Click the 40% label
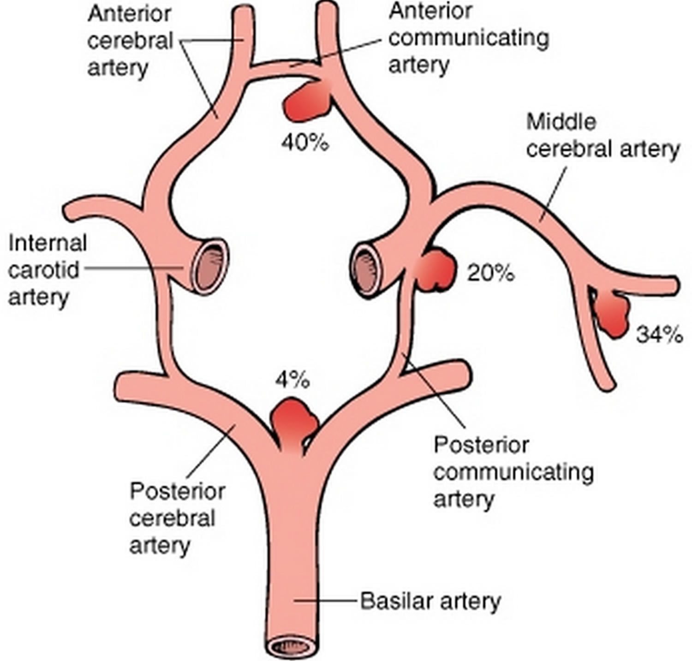tap(305, 143)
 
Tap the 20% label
tap(490, 274)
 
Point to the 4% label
tap(292, 381)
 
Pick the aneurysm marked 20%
tap(435, 270)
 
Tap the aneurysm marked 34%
tap(611, 314)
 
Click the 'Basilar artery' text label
tap(430, 601)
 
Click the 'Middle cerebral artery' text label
tap(603, 136)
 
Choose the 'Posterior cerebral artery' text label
tap(177, 518)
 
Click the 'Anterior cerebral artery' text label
tap(130, 41)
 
